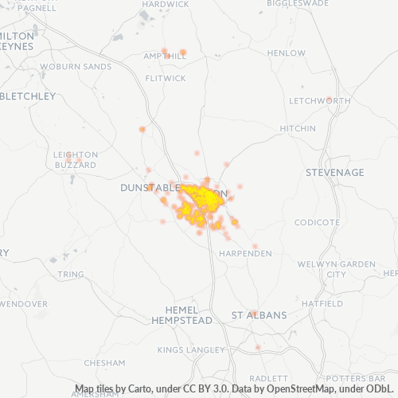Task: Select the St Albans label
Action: coord(259,315)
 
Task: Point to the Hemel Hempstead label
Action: coord(182,314)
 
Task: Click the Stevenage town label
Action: coord(335,172)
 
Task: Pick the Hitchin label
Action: coord(297,129)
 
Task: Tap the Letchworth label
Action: coord(309,101)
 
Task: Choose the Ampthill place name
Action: coord(164,57)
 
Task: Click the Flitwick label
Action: coord(166,78)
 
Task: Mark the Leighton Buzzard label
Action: coord(75,159)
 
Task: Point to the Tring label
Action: coord(71,274)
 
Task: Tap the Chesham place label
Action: coord(104,362)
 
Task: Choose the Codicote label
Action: coord(317,222)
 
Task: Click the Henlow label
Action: coord(287,53)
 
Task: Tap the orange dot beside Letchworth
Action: coord(329,99)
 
